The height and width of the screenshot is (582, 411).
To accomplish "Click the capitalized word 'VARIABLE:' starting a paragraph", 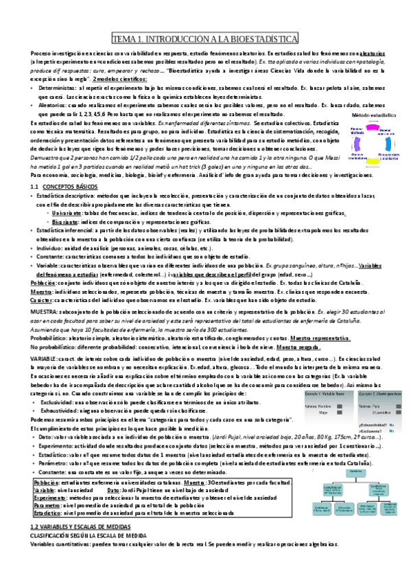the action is point(47,358).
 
